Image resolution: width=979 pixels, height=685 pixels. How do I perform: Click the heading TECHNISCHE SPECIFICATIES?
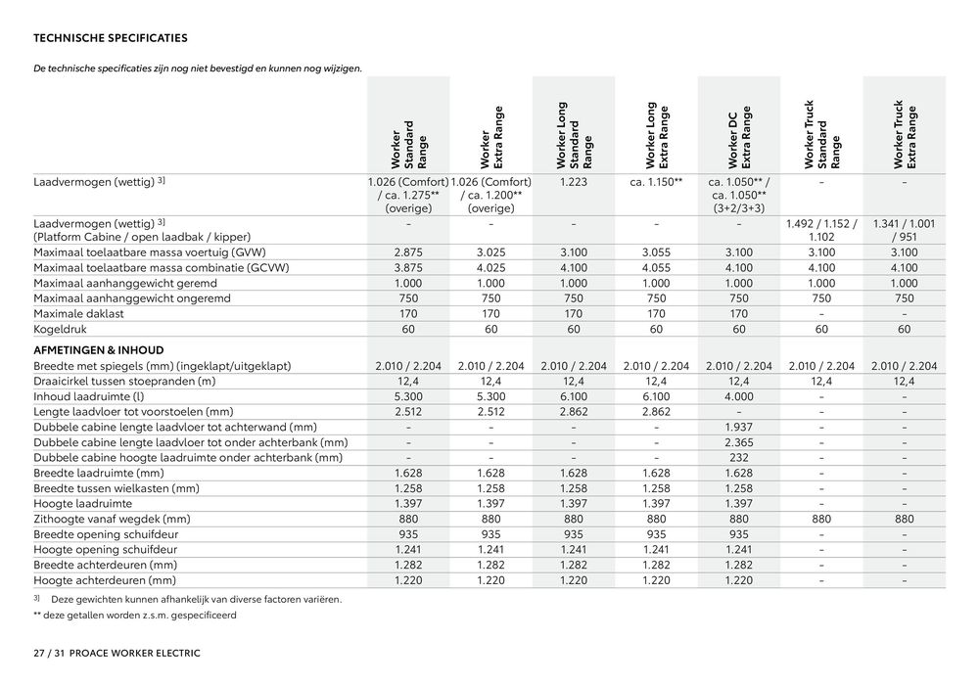pos(111,39)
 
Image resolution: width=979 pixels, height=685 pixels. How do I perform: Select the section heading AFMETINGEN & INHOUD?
pos(99,349)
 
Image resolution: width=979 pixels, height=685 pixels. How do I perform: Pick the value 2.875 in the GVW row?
pos(408,252)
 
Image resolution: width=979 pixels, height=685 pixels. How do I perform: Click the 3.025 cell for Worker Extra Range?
pos(491,252)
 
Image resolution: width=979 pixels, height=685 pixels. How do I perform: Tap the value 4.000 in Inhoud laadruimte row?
pos(739,396)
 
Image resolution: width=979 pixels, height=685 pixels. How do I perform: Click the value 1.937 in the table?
pos(739,427)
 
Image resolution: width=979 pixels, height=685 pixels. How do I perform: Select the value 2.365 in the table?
pos(739,442)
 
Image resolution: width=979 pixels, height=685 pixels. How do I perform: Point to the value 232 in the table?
pos(739,457)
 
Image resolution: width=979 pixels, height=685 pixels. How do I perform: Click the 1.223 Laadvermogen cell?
pos(574,182)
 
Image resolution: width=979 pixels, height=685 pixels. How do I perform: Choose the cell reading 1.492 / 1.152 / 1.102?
pos(821,230)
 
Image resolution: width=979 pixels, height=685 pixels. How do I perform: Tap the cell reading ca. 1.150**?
pos(656,182)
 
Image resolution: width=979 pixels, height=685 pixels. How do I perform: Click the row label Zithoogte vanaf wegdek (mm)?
pos(112,519)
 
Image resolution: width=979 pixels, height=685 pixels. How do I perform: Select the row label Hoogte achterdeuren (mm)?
pos(106,579)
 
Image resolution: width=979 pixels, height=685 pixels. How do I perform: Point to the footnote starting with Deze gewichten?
pos(196,599)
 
